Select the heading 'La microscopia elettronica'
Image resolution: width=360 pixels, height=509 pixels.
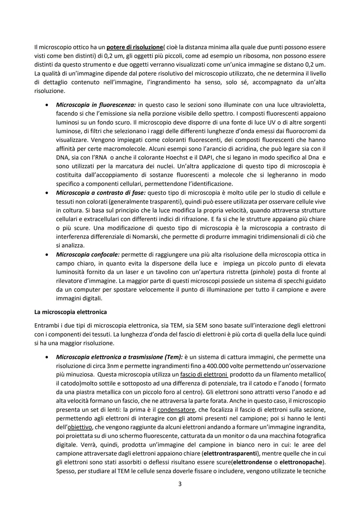70,312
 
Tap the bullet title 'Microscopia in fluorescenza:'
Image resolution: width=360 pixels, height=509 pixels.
96,105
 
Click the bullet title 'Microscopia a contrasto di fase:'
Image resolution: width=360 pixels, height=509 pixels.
101,193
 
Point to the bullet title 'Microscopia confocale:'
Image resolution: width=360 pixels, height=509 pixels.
88,255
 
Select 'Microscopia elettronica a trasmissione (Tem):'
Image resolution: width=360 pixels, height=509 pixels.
119,357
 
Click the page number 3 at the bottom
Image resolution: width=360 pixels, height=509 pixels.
180,484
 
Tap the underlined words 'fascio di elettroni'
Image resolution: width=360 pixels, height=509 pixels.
204,374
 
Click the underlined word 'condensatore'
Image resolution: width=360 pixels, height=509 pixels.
176,409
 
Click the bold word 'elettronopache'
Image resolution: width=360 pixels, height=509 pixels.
301,462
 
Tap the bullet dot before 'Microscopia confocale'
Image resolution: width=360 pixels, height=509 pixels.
48,255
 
